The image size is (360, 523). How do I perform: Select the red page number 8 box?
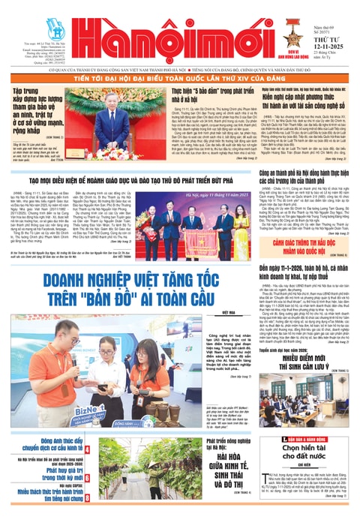[88, 495]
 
